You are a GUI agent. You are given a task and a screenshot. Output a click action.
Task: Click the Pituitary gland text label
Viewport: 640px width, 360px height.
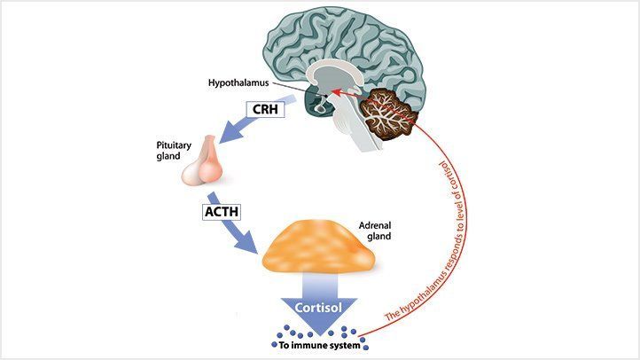[x=172, y=150]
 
